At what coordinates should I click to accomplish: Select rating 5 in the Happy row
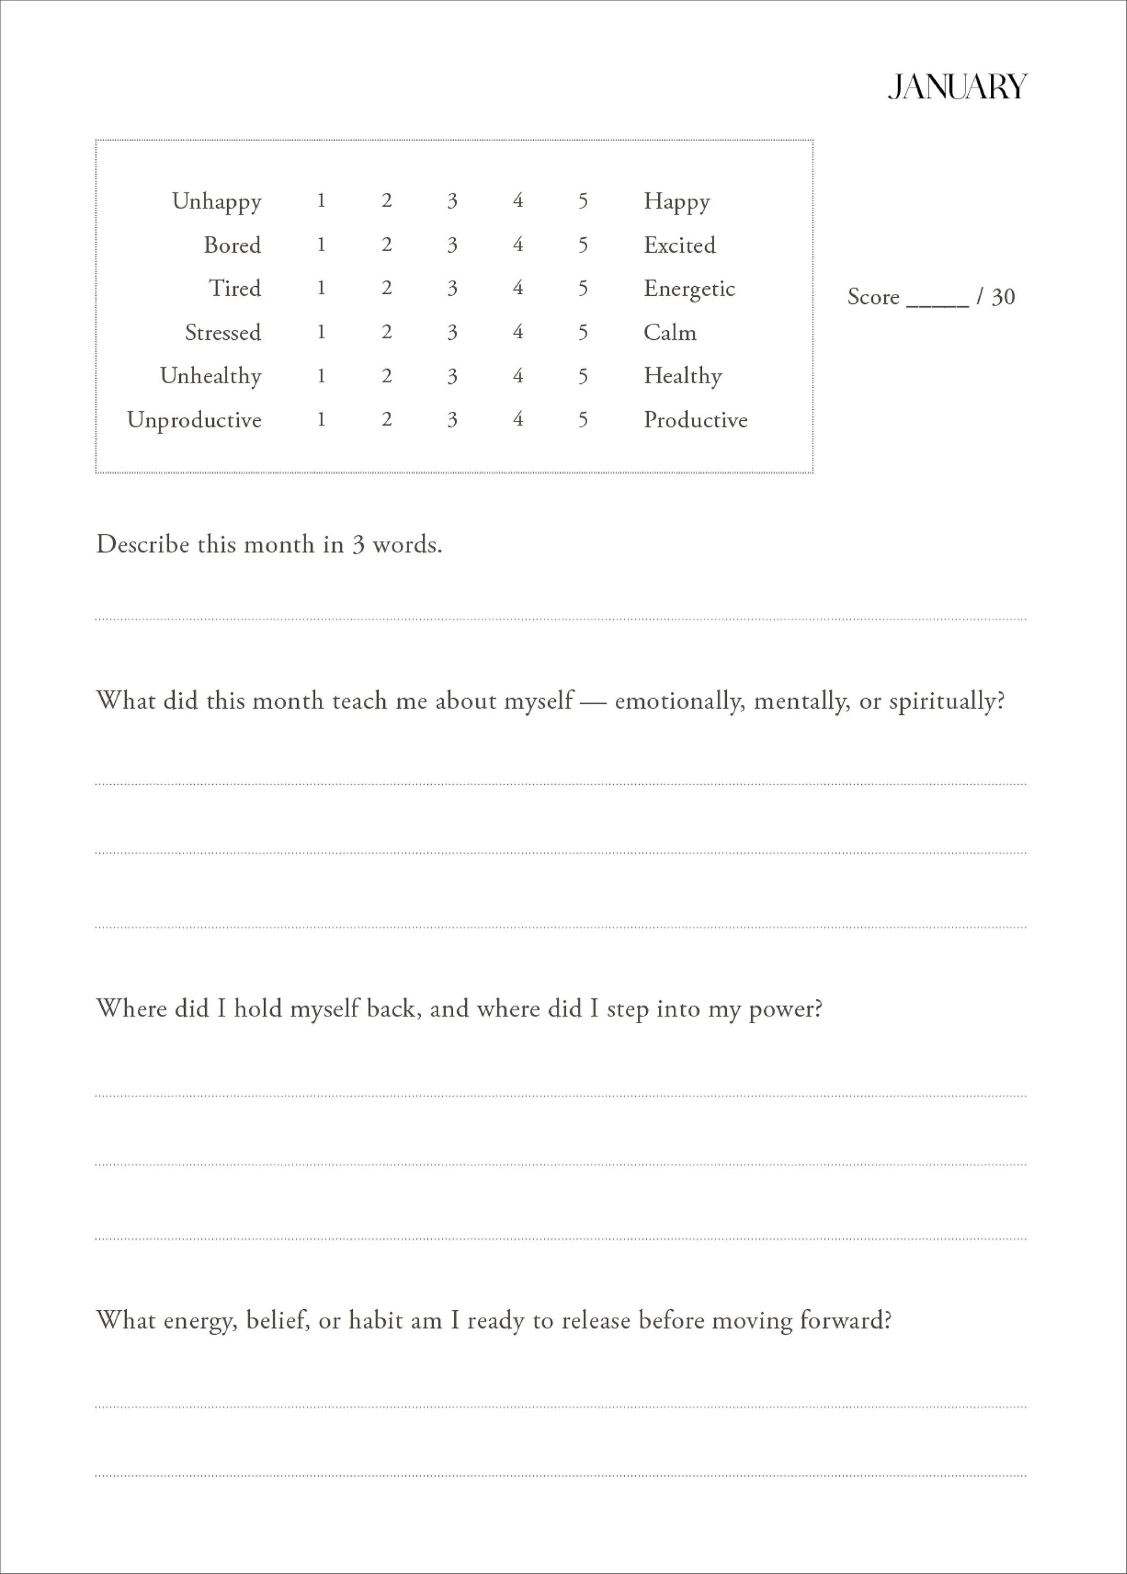tap(583, 201)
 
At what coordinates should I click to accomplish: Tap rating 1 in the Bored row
tap(321, 245)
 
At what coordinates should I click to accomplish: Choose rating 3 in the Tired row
tap(452, 288)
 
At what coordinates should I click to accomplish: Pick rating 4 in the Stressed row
tap(518, 333)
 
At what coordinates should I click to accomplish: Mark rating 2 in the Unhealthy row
tap(387, 376)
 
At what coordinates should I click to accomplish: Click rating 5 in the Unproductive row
tap(583, 420)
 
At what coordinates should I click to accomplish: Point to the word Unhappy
tap(217, 202)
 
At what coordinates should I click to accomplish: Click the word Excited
tap(679, 245)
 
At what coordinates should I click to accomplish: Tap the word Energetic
tap(689, 288)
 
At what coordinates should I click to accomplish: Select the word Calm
tap(670, 333)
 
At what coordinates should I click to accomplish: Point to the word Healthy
tap(683, 376)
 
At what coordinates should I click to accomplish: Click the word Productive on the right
tap(695, 420)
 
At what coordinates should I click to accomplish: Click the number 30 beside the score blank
tap(1003, 297)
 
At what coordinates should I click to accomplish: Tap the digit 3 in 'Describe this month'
tap(358, 545)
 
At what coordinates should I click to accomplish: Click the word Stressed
tap(223, 333)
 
